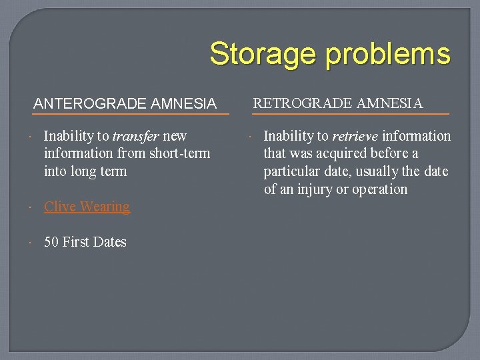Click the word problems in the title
(x=388, y=55)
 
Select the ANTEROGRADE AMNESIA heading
(x=125, y=103)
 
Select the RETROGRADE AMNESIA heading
(x=338, y=103)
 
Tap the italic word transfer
(x=136, y=136)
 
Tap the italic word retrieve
(x=355, y=136)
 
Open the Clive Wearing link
(x=87, y=207)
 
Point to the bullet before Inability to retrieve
(x=251, y=136)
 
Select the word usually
(x=377, y=172)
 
